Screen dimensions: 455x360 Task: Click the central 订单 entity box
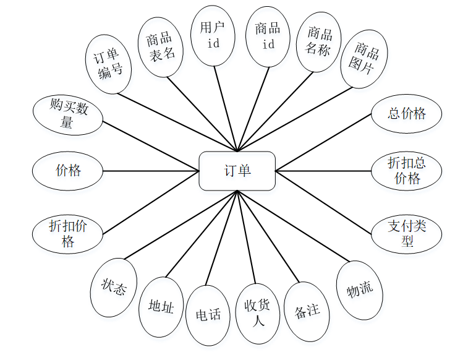coord(237,171)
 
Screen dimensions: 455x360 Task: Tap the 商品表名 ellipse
coord(162,47)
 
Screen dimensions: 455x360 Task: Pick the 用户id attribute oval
coord(213,36)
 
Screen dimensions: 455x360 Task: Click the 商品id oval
coord(268,36)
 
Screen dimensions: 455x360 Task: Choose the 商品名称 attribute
coord(318,41)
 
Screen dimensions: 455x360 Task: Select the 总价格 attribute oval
coord(407,114)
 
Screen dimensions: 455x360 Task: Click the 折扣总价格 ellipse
coord(407,171)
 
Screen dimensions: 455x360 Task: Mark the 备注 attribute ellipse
coord(307,311)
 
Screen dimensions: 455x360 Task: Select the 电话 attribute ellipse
coord(208,315)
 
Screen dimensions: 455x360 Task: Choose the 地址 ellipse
coord(161,307)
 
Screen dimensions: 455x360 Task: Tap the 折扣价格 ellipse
coord(68,233)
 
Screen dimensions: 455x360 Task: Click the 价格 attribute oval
coord(68,171)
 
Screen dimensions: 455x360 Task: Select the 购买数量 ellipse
coord(68,114)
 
